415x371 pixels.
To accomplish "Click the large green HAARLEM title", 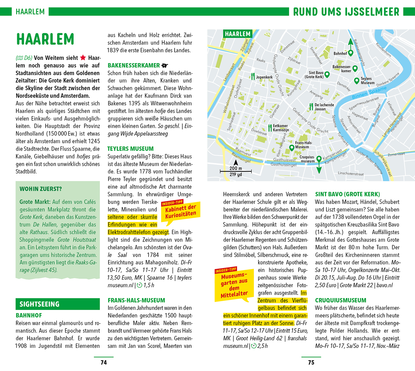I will (x=45, y=39).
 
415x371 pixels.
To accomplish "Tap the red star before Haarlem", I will (x=83, y=58).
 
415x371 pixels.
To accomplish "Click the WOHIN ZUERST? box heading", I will (x=41, y=189).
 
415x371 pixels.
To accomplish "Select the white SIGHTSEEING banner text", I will (x=40, y=304).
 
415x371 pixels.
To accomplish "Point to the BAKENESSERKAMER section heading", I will (x=134, y=65).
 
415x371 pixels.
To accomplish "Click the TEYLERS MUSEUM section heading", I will (x=130, y=149).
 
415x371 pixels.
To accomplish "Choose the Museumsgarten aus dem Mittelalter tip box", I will (x=234, y=285).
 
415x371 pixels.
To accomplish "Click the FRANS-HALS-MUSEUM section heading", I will (x=136, y=300).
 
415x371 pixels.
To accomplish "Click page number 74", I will (x=104, y=362).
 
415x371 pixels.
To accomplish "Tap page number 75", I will (x=311, y=362).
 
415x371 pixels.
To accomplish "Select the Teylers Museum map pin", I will (x=357, y=81).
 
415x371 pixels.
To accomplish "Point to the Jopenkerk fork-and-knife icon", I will (x=253, y=76).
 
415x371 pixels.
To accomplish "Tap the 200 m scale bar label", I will (x=236, y=168).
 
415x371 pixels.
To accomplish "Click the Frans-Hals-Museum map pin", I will (x=291, y=148).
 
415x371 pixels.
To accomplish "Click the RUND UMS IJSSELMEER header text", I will (x=346, y=12).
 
